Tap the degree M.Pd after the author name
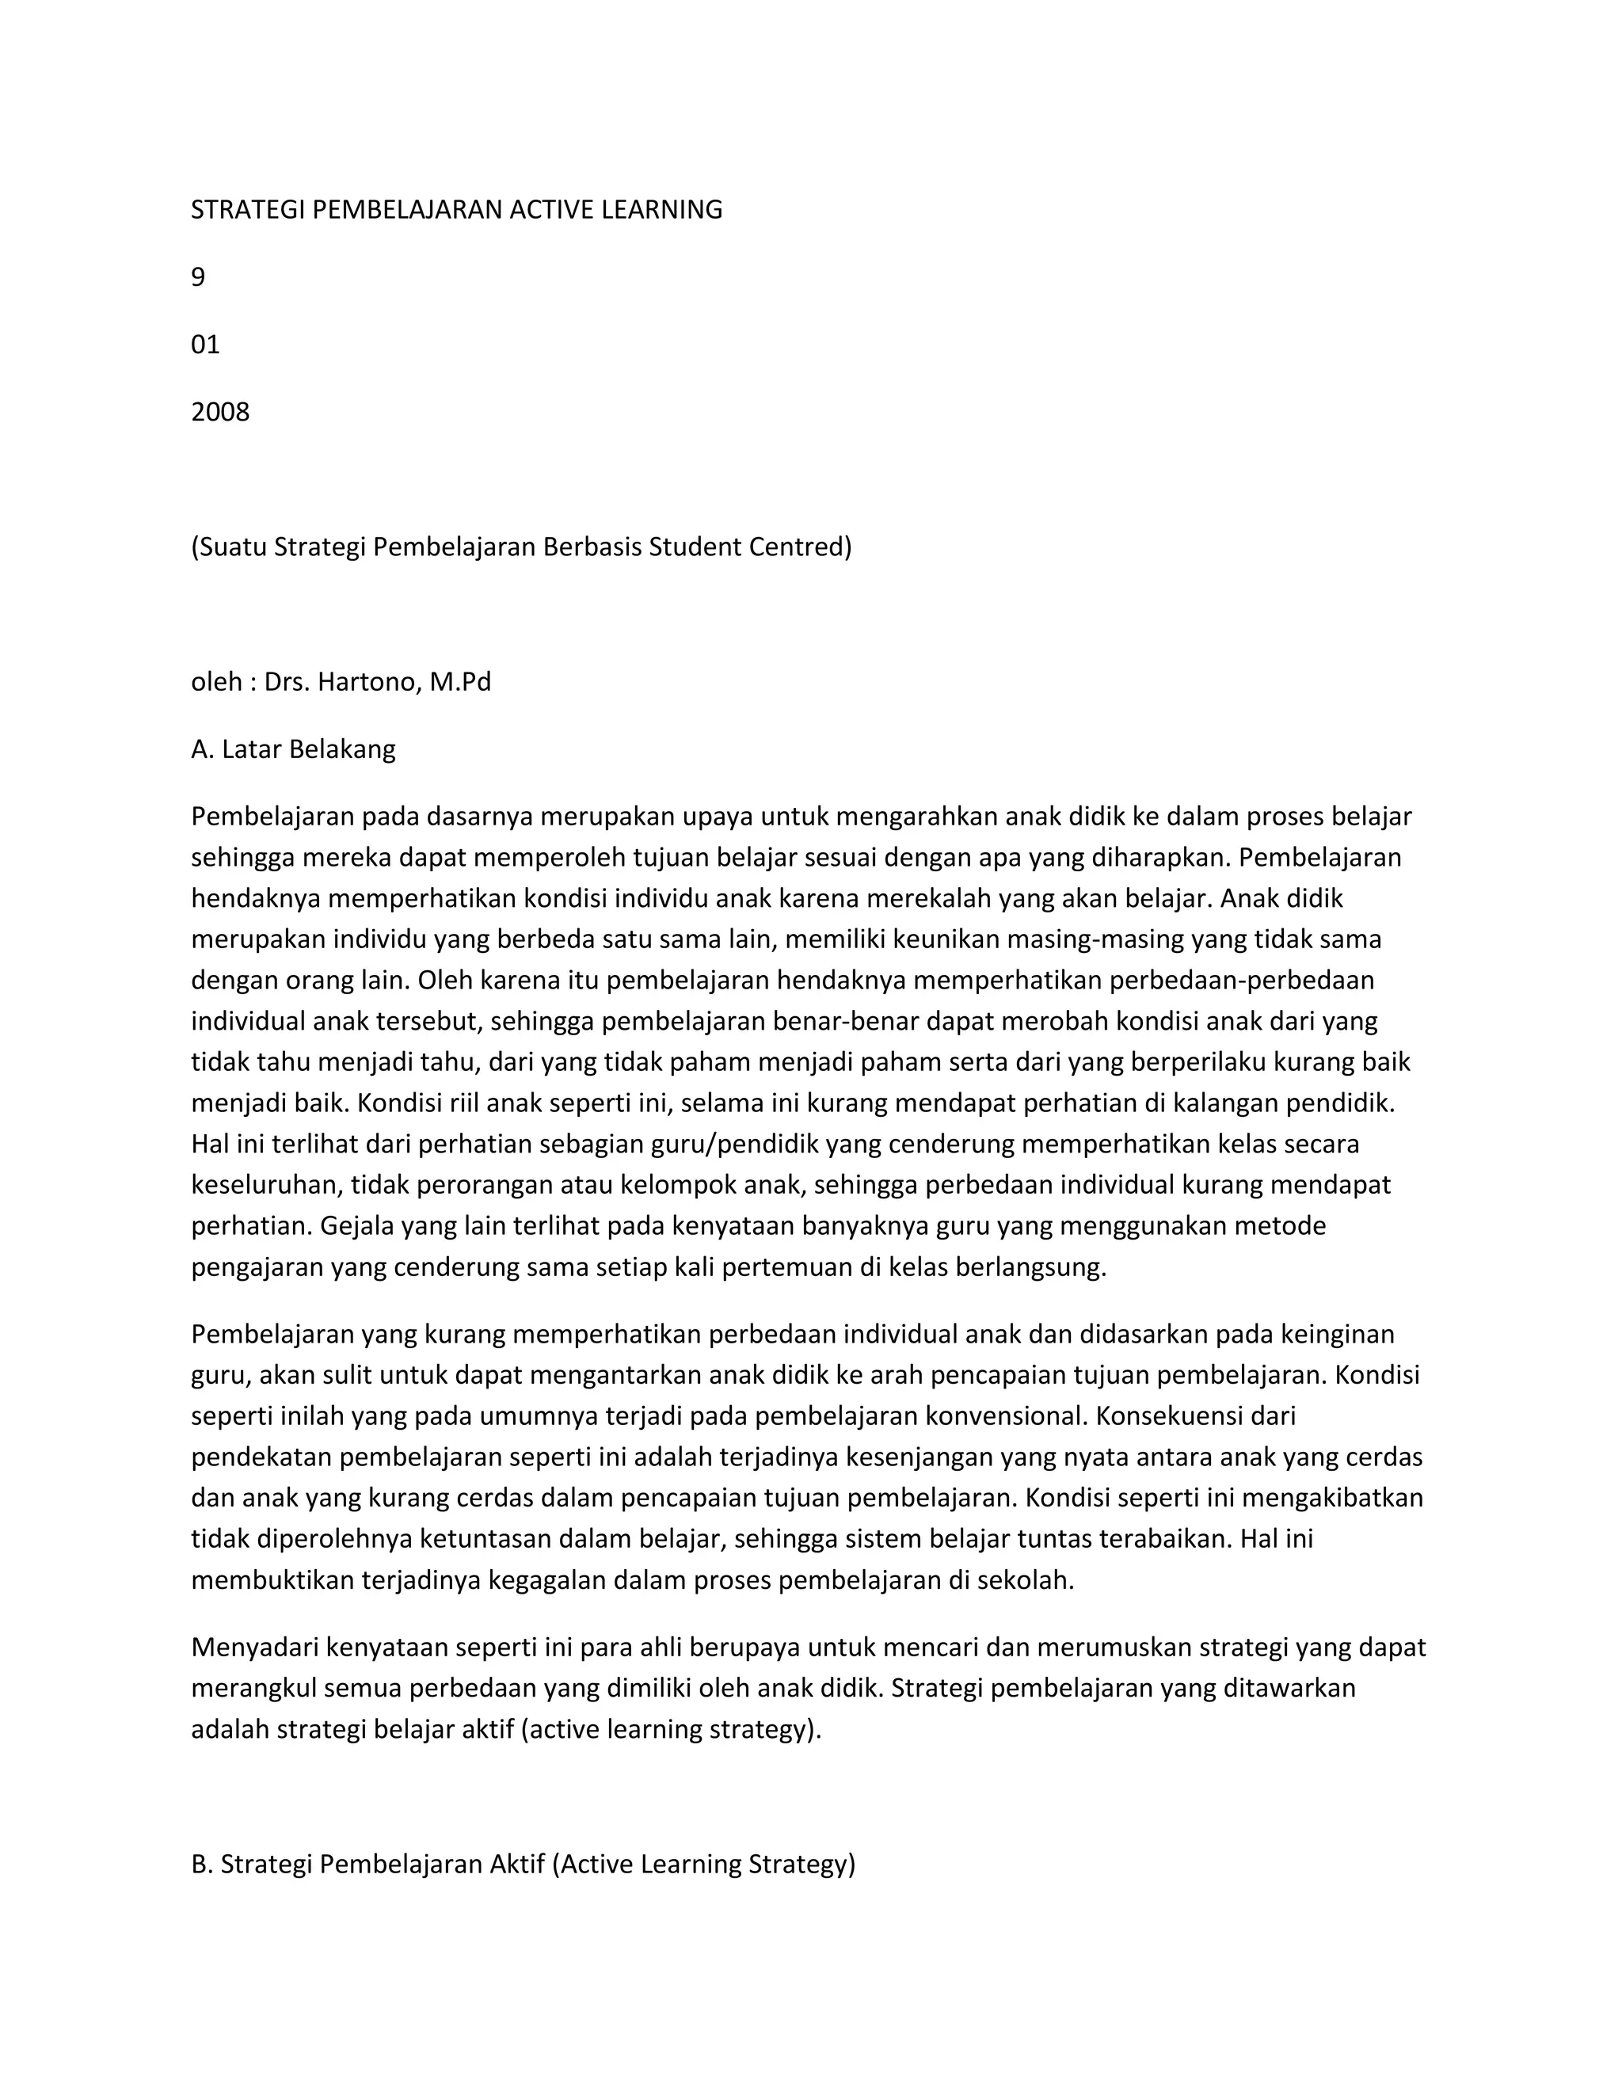click(x=460, y=682)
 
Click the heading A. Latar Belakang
click(x=293, y=749)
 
